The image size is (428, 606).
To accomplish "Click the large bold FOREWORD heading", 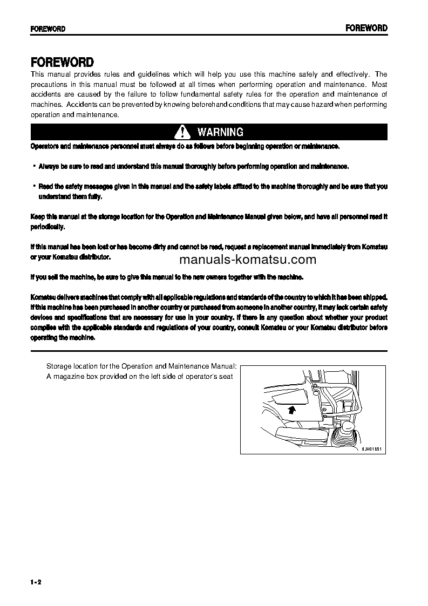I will point(62,62).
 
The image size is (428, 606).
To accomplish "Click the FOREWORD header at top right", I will point(366,28).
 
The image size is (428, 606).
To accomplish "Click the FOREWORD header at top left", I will point(48,29).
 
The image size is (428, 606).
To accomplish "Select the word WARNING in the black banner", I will point(220,132).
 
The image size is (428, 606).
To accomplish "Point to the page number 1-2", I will point(36,582).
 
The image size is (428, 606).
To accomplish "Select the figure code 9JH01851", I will point(371,449).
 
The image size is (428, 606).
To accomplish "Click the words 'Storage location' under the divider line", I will point(69,366).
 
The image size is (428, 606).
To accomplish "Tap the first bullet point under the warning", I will point(34,166).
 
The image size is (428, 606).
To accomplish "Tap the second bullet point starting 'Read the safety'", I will point(34,186).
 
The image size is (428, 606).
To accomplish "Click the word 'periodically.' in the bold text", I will point(48,227).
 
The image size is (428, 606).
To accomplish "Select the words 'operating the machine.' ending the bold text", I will point(63,337).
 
